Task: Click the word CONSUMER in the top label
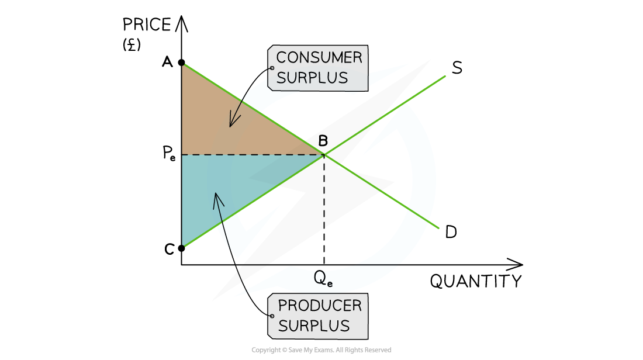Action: (x=319, y=57)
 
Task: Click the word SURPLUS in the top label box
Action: (x=312, y=78)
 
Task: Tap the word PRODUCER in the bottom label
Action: (x=319, y=305)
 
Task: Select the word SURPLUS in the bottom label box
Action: (x=313, y=326)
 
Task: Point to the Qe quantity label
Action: (x=323, y=278)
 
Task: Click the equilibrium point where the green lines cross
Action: (x=324, y=155)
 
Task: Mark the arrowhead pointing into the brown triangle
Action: (x=231, y=125)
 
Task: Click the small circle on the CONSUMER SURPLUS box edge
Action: (x=272, y=68)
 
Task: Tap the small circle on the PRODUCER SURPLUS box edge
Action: (x=272, y=316)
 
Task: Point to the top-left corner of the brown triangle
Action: (x=184, y=65)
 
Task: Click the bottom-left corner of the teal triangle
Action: (x=184, y=245)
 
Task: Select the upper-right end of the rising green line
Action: (x=445, y=76)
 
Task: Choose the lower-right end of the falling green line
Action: (x=438, y=228)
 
